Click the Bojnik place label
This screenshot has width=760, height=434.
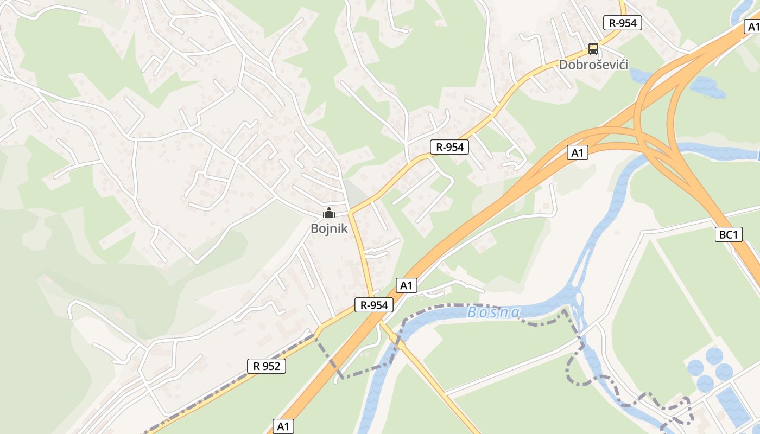(x=329, y=228)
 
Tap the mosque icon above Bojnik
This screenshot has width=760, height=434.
(x=329, y=213)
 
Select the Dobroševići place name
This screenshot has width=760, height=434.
(x=593, y=65)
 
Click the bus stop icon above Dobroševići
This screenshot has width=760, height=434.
(x=593, y=49)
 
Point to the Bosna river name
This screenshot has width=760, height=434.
(x=493, y=312)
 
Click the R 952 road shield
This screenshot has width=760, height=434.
(x=267, y=366)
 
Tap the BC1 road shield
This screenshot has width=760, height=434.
(x=729, y=235)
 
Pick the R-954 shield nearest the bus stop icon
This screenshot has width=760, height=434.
(x=623, y=23)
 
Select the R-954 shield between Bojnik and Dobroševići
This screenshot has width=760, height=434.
(x=449, y=146)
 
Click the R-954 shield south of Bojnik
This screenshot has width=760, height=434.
(x=374, y=305)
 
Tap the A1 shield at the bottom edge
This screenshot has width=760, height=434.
(x=283, y=426)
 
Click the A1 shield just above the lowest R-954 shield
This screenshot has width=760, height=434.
(x=407, y=285)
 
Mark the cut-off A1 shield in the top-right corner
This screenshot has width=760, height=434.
(x=753, y=27)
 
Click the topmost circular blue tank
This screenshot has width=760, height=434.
(x=714, y=356)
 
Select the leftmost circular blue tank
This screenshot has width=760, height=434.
(x=695, y=368)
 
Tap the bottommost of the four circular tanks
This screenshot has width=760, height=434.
(x=705, y=384)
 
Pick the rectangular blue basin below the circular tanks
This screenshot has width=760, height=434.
(x=733, y=407)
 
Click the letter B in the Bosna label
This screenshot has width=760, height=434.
(x=472, y=312)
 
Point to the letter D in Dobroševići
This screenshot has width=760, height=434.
(x=563, y=65)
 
